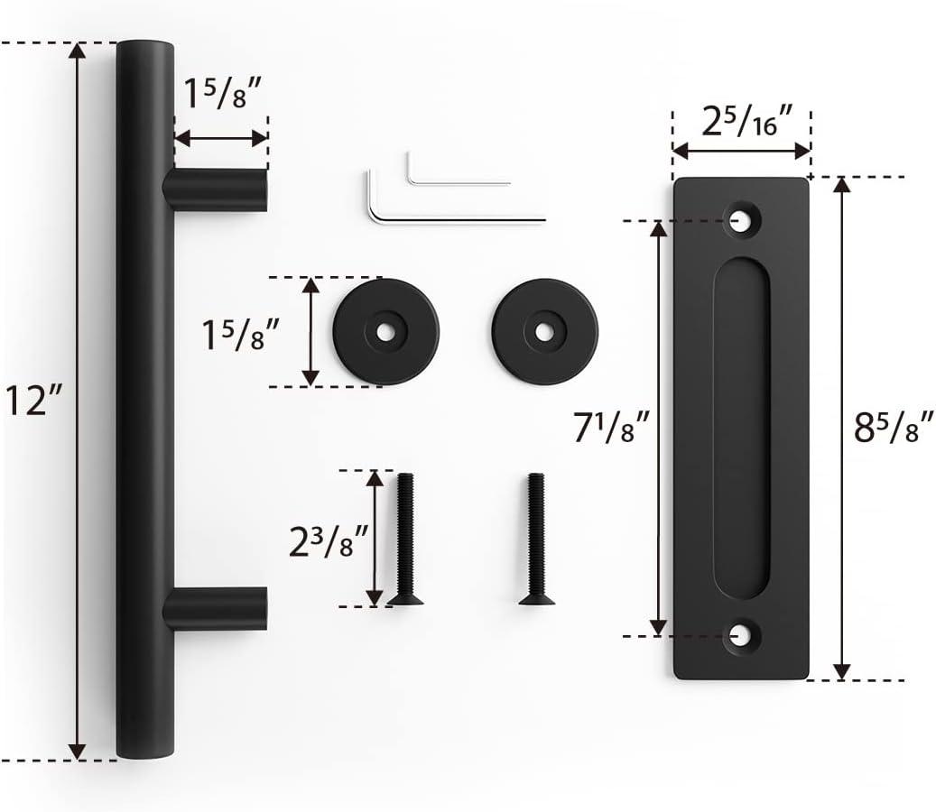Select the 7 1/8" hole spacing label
[x=612, y=426]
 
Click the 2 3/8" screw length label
[x=327, y=541]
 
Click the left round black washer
[x=385, y=332]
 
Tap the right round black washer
[x=544, y=331]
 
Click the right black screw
[x=536, y=539]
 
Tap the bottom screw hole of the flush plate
[x=742, y=635]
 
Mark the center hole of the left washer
[x=385, y=332]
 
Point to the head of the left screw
[x=404, y=597]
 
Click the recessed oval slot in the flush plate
[x=741, y=427]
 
